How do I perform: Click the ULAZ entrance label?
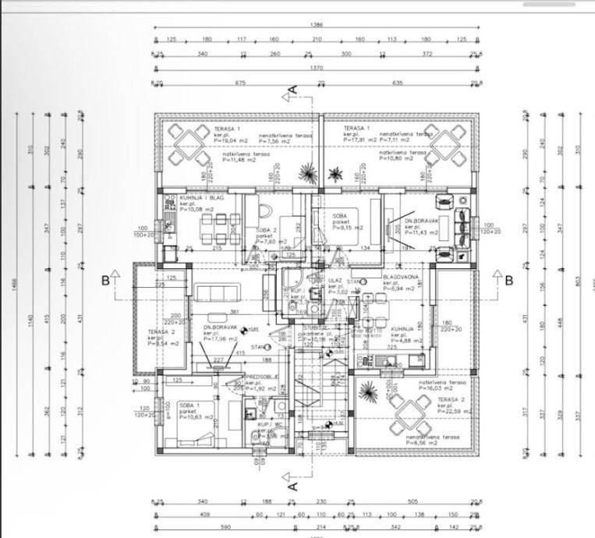[x=335, y=281]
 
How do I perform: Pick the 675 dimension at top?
[x=239, y=83]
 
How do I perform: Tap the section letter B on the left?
[x=104, y=281]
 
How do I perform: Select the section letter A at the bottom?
[x=292, y=485]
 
